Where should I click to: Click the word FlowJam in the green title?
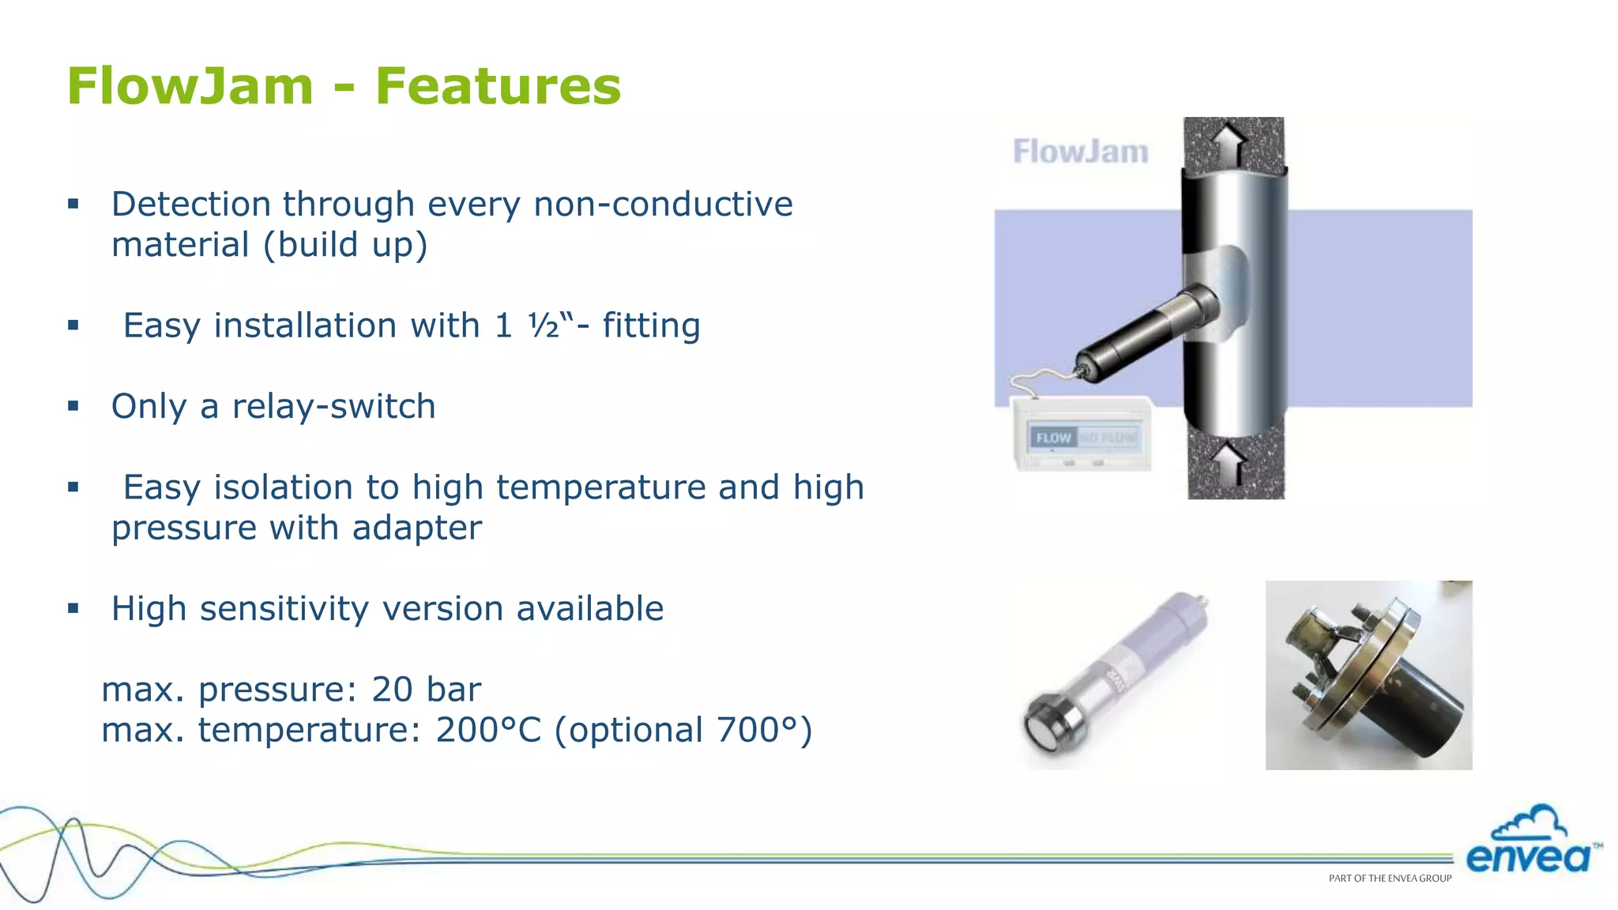pos(190,86)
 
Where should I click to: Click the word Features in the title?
pos(498,86)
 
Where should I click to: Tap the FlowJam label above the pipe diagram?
pos(1080,152)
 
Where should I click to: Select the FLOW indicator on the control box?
pos(1053,438)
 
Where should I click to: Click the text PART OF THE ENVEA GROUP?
pos(1390,878)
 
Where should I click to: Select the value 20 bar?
pos(426,690)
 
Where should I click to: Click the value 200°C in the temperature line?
pos(488,730)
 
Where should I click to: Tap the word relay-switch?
pos(333,407)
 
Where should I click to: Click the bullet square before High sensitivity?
pos(73,608)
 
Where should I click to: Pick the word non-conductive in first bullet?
pos(663,205)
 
